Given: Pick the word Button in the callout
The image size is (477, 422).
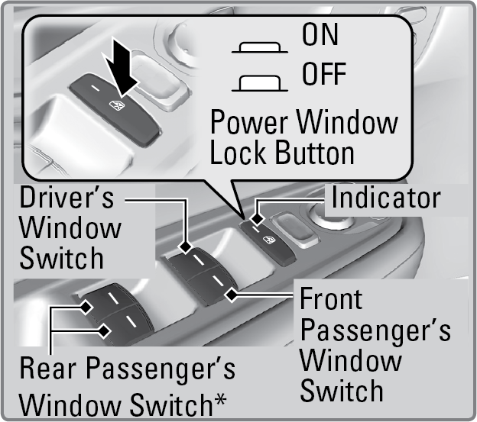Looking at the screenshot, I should (x=314, y=153).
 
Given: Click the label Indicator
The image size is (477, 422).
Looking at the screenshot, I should (x=386, y=198).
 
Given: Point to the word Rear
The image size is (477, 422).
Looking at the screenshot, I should (x=47, y=368).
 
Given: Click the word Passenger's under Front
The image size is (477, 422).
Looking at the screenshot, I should (x=375, y=330).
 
